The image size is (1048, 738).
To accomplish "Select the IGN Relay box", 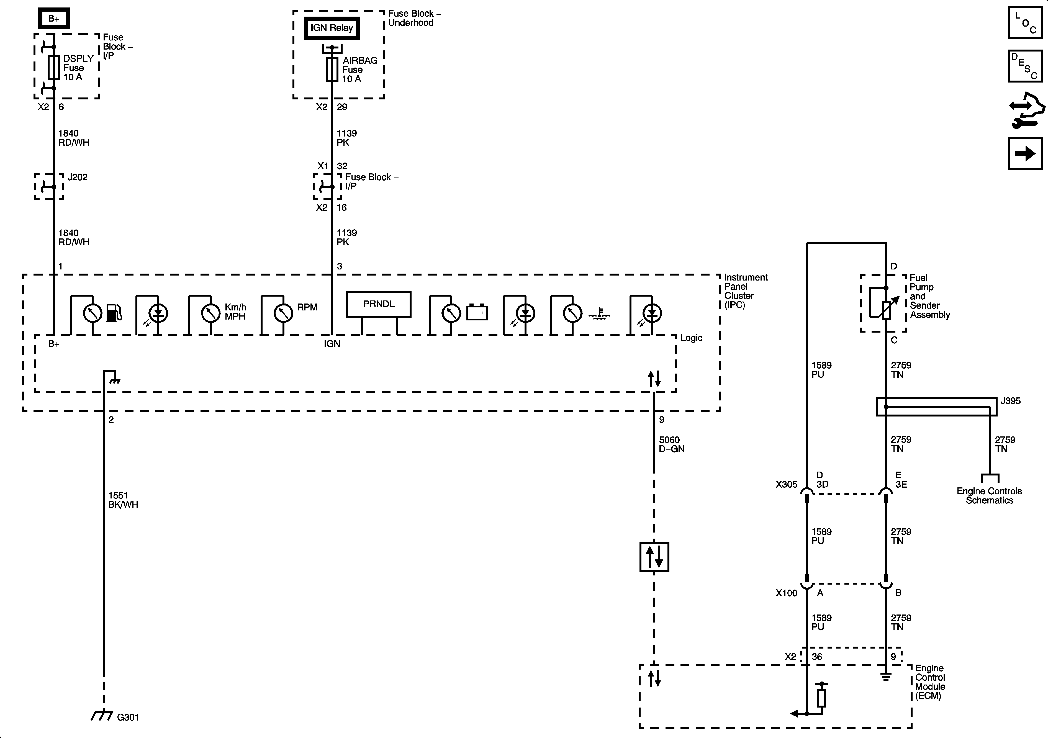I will tap(332, 28).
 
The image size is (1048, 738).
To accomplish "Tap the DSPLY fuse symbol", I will tap(54, 68).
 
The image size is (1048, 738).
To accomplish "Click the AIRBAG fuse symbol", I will tap(332, 70).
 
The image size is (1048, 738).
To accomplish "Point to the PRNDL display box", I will tap(378, 304).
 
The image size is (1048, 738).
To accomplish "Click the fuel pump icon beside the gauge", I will tap(114, 313).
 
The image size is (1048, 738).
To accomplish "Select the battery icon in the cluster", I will tap(477, 313).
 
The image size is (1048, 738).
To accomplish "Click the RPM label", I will tap(307, 307).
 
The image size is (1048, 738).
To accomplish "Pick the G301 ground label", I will tap(128, 717).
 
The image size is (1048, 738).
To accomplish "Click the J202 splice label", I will tap(77, 177).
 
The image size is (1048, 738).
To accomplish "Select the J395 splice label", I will tap(1010, 401).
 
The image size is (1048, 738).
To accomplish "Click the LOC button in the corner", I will tap(1025, 23).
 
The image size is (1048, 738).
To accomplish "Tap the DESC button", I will tap(1025, 66).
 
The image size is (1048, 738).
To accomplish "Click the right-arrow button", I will tap(1025, 154).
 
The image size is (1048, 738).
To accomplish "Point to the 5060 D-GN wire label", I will tap(671, 444).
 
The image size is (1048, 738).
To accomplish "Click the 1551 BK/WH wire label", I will tap(123, 500).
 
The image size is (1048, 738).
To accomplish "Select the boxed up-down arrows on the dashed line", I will tap(654, 557).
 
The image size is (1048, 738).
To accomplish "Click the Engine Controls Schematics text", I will tap(989, 496).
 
